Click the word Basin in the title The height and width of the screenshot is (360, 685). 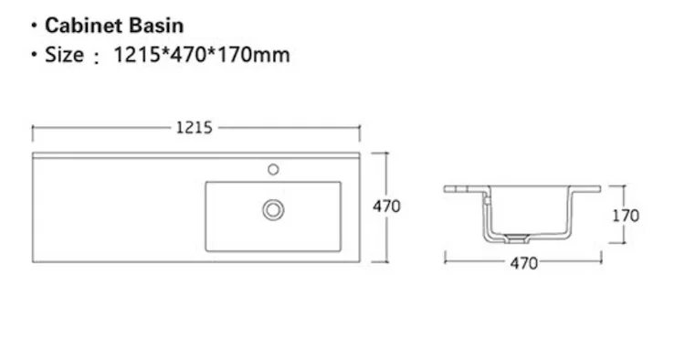156,26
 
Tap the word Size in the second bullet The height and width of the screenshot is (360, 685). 64,55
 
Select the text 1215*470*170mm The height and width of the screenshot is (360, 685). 202,55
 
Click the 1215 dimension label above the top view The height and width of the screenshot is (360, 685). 194,128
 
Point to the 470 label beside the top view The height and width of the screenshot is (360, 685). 386,206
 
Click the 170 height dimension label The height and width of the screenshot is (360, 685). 625,216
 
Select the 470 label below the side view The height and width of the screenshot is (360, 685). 524,263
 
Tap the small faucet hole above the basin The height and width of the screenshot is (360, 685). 273,169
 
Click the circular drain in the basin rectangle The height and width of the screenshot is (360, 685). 273,210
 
